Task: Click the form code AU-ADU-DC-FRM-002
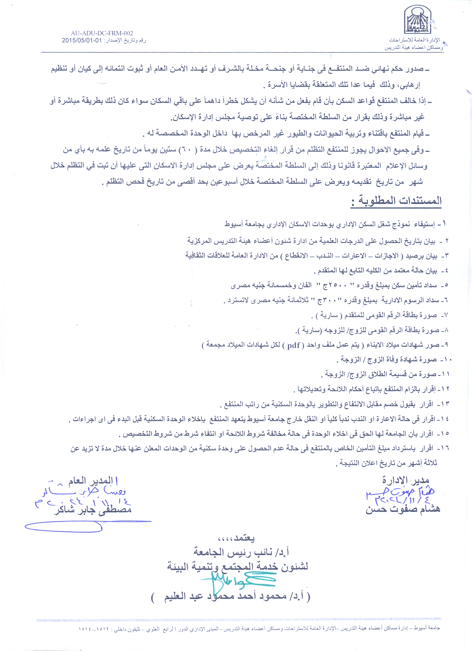tap(102, 33)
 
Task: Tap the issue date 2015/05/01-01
tap(82, 41)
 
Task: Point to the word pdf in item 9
tap(293, 345)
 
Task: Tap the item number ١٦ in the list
tap(445, 448)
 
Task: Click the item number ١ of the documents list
tap(444, 224)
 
